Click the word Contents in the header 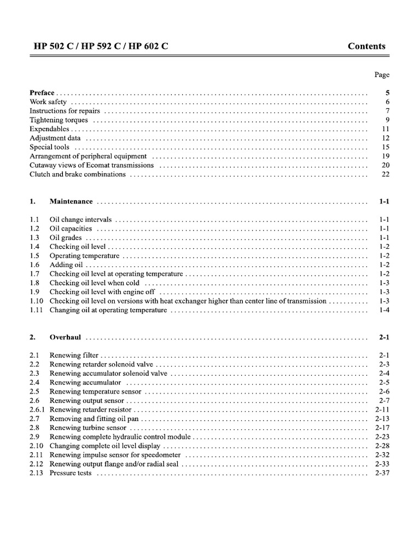[x=366, y=46]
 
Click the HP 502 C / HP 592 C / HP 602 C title [x=99, y=46]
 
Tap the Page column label [x=382, y=75]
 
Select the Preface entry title [x=42, y=93]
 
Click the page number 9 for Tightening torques [x=387, y=120]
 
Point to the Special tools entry [x=49, y=147]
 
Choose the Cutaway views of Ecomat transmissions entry [x=91, y=165]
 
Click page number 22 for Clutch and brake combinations [x=385, y=174]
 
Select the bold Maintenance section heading [x=71, y=201]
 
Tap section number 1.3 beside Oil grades [x=34, y=238]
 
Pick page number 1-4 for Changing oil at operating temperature [x=383, y=310]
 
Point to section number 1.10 [x=36, y=301]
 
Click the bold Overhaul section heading [x=65, y=337]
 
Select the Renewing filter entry [x=74, y=355]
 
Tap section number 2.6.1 [x=38, y=409]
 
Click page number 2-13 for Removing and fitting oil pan [x=382, y=418]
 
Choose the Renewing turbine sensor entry [x=87, y=428]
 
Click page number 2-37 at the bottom [x=382, y=472]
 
